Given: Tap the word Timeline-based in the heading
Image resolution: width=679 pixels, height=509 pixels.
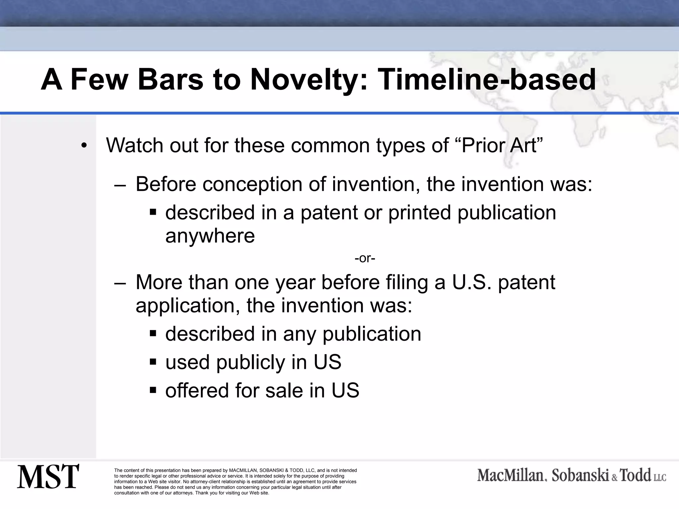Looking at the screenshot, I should point(486,80).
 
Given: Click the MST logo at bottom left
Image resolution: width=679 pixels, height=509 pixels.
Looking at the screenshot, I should point(48,477).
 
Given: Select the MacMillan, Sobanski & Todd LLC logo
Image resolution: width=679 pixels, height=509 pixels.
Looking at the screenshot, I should point(572,476).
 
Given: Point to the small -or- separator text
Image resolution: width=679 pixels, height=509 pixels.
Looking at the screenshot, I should point(365,258).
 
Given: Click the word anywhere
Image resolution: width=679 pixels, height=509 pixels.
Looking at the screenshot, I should point(210,236).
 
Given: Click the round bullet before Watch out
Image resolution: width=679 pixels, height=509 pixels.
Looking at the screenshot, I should point(84,146).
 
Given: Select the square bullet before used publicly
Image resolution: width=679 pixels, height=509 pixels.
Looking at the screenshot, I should point(153,361).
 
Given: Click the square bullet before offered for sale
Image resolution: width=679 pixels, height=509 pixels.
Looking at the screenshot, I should point(153,390).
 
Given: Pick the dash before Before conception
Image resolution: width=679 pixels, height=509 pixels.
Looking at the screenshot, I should point(120,185).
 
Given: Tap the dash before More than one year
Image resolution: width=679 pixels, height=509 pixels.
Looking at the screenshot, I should point(120,283).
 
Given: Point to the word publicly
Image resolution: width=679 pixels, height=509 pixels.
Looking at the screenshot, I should point(251,362).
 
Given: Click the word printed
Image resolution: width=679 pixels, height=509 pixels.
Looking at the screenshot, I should point(419,212).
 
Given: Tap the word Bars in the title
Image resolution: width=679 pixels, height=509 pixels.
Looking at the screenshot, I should point(170,80).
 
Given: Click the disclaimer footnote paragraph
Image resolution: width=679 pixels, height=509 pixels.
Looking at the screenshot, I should point(235,481).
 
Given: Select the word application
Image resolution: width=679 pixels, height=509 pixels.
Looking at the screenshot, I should point(188,306).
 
